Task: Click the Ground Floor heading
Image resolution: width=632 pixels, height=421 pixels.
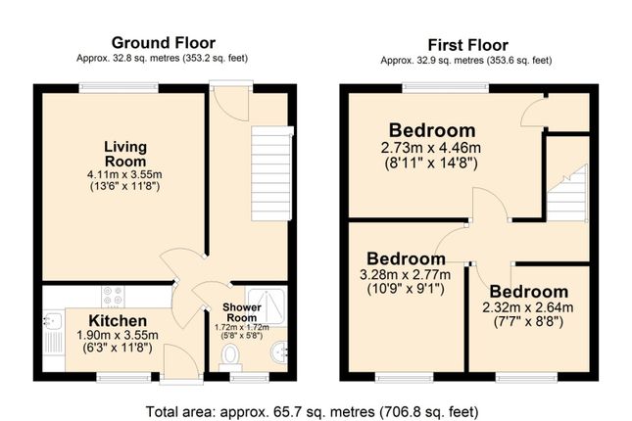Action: pyautogui.click(x=164, y=43)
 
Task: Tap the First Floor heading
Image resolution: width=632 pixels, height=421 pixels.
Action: pyautogui.click(x=467, y=45)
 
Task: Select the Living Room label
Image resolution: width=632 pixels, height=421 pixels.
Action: pyautogui.click(x=125, y=154)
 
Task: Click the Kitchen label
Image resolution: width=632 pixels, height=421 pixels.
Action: pyautogui.click(x=118, y=321)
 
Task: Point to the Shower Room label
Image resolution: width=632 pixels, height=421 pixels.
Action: pyautogui.click(x=242, y=312)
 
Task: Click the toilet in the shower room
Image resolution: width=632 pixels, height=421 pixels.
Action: pyautogui.click(x=230, y=357)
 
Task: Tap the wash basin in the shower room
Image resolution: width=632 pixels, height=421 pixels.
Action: pyautogui.click(x=279, y=352)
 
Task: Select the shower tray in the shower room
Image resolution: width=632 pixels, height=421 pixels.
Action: pyautogui.click(x=266, y=307)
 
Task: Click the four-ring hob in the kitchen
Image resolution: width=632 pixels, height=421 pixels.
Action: pyautogui.click(x=113, y=296)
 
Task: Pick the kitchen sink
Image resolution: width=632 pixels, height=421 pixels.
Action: pyautogui.click(x=53, y=335)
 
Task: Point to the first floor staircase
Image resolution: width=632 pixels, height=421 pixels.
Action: pyautogui.click(x=567, y=193)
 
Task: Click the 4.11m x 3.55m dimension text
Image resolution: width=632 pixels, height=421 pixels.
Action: pyautogui.click(x=124, y=175)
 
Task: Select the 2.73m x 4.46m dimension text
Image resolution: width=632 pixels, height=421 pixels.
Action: pyautogui.click(x=431, y=148)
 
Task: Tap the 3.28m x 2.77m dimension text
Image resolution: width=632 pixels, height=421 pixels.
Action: pyautogui.click(x=405, y=275)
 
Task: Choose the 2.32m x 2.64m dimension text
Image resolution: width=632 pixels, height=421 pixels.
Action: pyautogui.click(x=528, y=307)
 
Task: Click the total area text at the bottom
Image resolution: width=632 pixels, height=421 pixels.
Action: pyautogui.click(x=312, y=412)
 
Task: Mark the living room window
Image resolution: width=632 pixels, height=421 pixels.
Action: pyautogui.click(x=119, y=88)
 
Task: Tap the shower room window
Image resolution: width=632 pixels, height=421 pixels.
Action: pyautogui.click(x=249, y=377)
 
